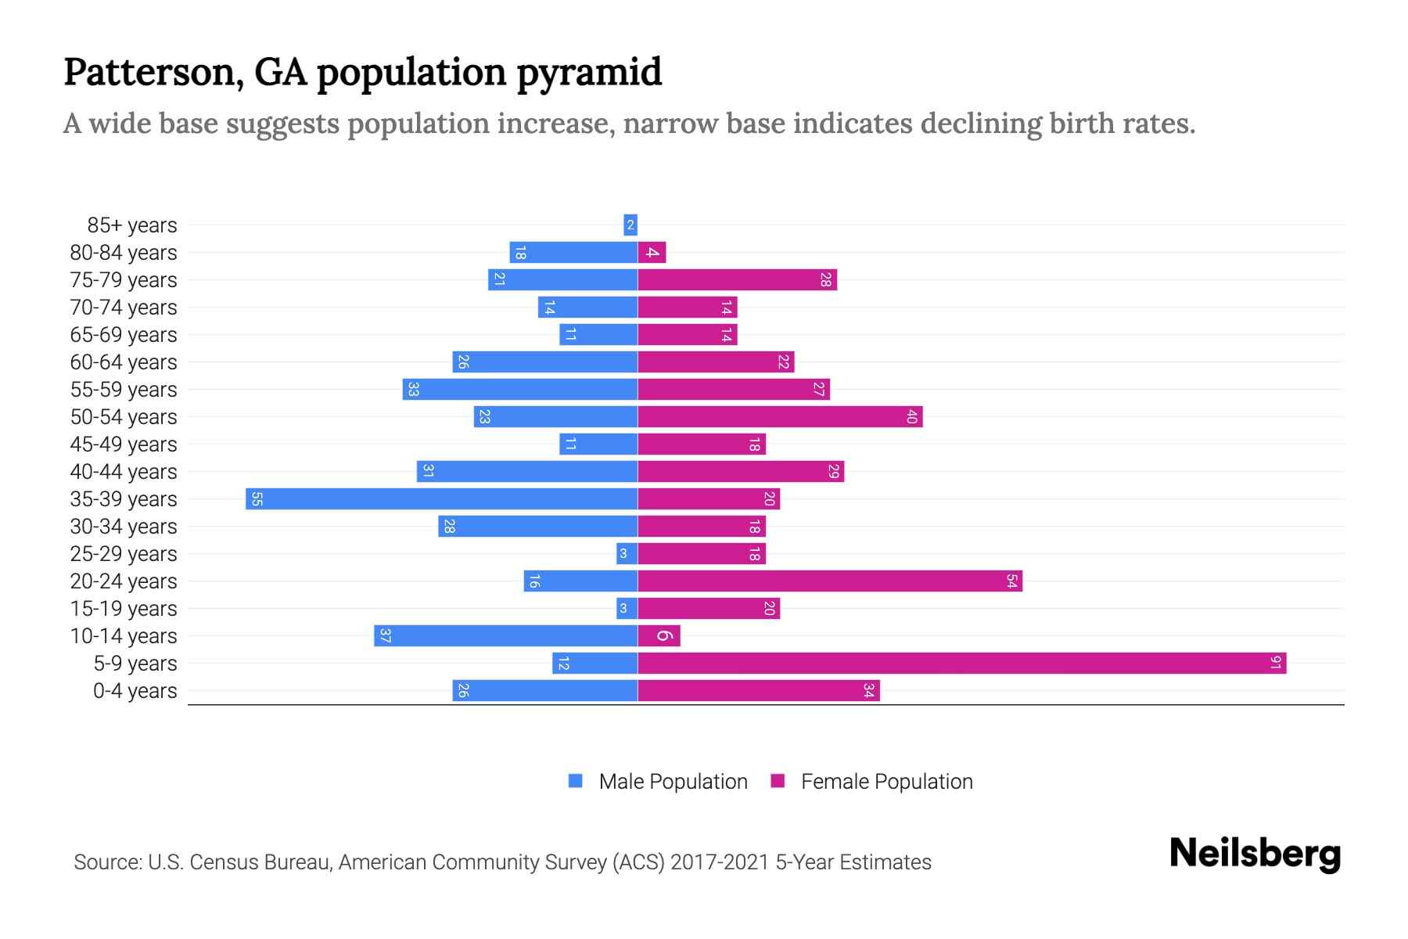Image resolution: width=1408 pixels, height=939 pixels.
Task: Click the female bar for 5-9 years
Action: [961, 664]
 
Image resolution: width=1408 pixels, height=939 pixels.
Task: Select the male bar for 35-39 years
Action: [441, 499]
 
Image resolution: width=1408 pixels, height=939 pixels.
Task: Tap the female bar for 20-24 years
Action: [829, 581]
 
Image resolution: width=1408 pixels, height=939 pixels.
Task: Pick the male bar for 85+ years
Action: [630, 225]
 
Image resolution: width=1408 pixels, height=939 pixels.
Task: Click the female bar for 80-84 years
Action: [652, 253]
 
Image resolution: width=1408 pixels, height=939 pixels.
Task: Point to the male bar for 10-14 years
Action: [505, 636]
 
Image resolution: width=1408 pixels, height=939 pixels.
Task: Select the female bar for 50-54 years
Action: [780, 417]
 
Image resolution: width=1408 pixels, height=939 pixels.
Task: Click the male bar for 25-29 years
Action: [627, 554]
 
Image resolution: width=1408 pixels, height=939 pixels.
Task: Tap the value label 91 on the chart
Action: [1275, 664]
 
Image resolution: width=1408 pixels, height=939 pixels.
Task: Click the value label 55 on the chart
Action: [257, 499]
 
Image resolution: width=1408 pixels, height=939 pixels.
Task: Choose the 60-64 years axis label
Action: [124, 362]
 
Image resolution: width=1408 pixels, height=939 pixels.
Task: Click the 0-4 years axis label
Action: [135, 691]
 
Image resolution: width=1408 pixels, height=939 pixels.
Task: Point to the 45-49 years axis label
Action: [124, 444]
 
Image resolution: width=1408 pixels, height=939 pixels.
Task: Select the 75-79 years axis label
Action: [124, 280]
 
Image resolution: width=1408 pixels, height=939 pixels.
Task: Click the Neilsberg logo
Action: [1255, 854]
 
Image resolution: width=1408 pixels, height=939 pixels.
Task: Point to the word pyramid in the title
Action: [589, 73]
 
